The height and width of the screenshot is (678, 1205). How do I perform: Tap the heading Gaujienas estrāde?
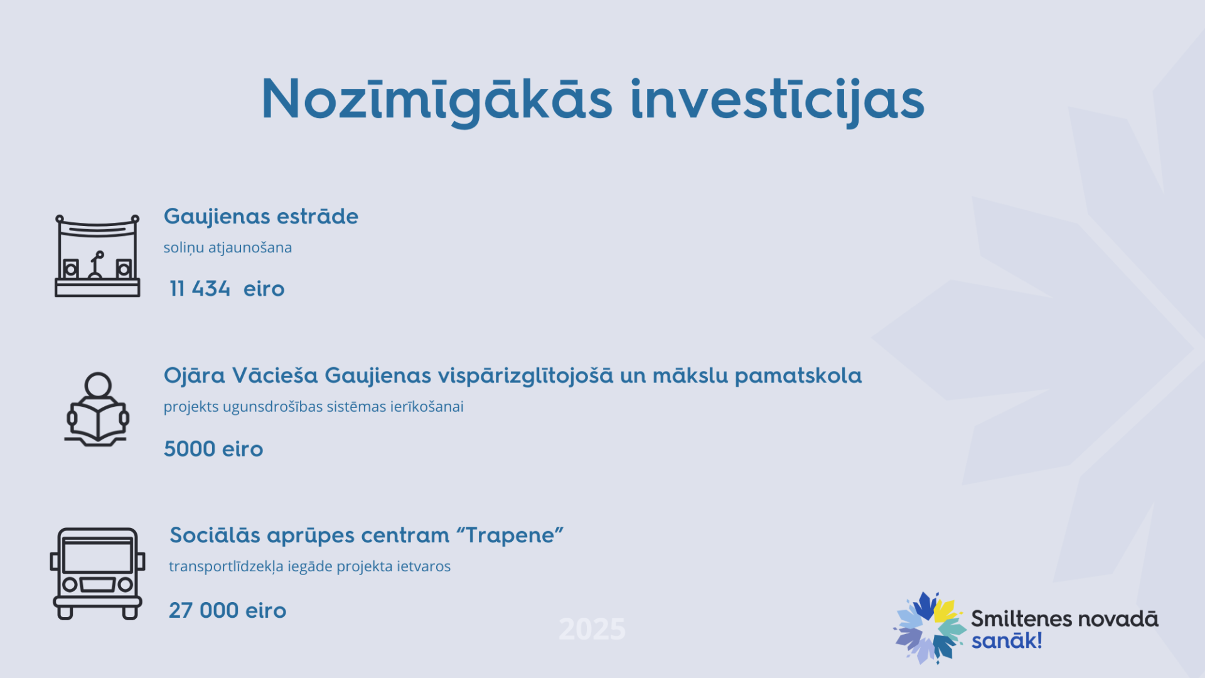click(261, 217)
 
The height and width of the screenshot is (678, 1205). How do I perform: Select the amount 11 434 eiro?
click(227, 289)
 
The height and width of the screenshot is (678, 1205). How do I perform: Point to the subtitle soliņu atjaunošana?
click(228, 247)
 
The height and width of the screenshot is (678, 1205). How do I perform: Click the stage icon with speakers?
click(97, 256)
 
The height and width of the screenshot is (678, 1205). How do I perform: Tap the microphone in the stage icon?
click(96, 264)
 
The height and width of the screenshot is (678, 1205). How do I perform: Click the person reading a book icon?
click(97, 409)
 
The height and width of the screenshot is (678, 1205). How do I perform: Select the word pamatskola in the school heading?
click(798, 376)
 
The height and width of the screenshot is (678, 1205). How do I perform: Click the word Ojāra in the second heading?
click(194, 377)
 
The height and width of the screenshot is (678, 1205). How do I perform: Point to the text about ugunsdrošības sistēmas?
click(314, 407)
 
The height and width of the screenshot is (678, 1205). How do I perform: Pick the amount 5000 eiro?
click(213, 449)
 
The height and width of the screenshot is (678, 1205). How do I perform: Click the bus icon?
click(97, 573)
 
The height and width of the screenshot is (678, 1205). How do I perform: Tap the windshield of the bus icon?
click(97, 556)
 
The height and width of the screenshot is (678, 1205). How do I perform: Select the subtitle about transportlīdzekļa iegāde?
click(310, 566)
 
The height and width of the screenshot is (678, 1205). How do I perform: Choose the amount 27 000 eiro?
click(228, 610)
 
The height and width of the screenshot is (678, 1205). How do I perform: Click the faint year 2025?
click(592, 629)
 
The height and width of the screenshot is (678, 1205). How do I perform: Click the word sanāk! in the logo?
click(1007, 641)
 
